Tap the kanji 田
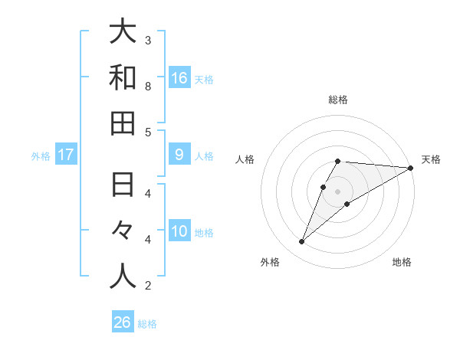(123, 123)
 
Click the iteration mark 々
(123, 231)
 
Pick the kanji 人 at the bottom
(123, 276)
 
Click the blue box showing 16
(179, 77)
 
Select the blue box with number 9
(179, 155)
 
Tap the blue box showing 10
(179, 231)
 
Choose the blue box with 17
(66, 155)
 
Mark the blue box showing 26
(123, 322)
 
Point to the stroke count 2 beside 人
(148, 286)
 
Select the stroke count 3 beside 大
(148, 40)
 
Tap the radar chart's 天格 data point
(411, 168)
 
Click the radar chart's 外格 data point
(301, 242)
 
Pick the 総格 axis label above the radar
(338, 100)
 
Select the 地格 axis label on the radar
(402, 262)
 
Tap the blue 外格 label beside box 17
(41, 155)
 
